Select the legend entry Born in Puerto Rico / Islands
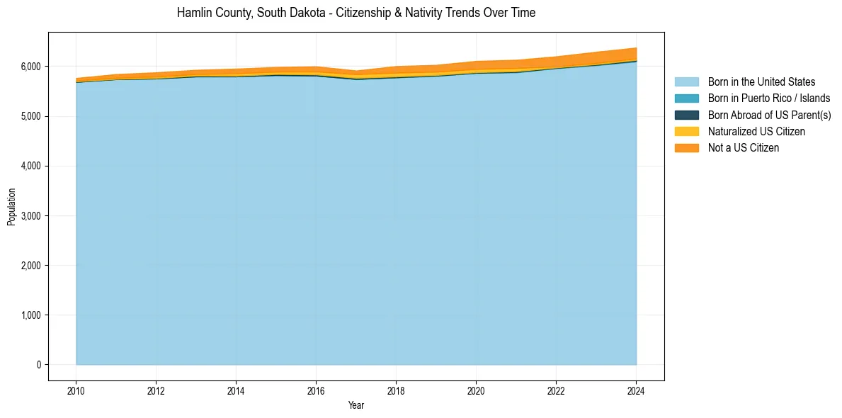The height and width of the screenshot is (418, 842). coord(769,98)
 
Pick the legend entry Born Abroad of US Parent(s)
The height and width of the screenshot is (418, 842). coord(769,115)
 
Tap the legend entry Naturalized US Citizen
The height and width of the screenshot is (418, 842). coord(756,131)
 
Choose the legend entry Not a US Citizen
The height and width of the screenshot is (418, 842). coord(744,147)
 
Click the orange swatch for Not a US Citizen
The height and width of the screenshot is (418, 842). coord(686,147)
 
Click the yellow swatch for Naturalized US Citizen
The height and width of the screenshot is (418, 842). coord(686,131)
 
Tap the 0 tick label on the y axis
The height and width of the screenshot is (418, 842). coord(39,365)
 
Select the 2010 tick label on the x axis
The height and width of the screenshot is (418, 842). coord(76,390)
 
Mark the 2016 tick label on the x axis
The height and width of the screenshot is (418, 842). coord(316,390)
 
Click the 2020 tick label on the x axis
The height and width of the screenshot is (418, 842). coord(476,390)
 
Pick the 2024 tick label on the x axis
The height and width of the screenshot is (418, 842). coord(636,390)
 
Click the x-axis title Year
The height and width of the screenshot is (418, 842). coord(356,405)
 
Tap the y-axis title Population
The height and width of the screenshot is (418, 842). coord(11,207)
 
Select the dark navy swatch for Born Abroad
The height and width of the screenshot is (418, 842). coord(686,115)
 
